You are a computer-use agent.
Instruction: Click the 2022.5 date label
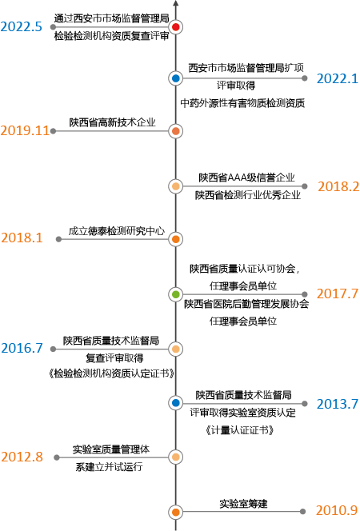[21, 26]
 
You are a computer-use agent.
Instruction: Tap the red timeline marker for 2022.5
[175, 26]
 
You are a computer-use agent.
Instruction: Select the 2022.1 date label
[338, 78]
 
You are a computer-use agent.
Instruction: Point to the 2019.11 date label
[25, 130]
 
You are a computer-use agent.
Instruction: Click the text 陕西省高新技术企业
[113, 122]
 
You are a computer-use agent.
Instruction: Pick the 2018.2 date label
[338, 186]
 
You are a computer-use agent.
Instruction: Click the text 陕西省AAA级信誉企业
[246, 178]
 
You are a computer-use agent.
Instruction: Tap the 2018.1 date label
[22, 238]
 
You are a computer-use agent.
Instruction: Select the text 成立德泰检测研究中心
[117, 231]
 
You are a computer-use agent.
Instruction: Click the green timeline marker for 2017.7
[175, 294]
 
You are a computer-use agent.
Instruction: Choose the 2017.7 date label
[338, 293]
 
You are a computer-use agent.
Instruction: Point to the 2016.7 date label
[22, 348]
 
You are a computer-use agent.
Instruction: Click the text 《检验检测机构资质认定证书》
[111, 373]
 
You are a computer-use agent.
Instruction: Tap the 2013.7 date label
[338, 404]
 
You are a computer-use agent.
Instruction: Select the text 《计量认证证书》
[239, 430]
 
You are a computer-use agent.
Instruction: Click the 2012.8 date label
[22, 457]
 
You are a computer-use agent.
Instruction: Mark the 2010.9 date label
[337, 510]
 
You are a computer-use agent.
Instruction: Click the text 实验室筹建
[243, 504]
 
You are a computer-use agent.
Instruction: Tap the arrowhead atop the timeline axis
[175, 2]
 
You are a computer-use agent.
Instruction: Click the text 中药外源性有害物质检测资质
[242, 103]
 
